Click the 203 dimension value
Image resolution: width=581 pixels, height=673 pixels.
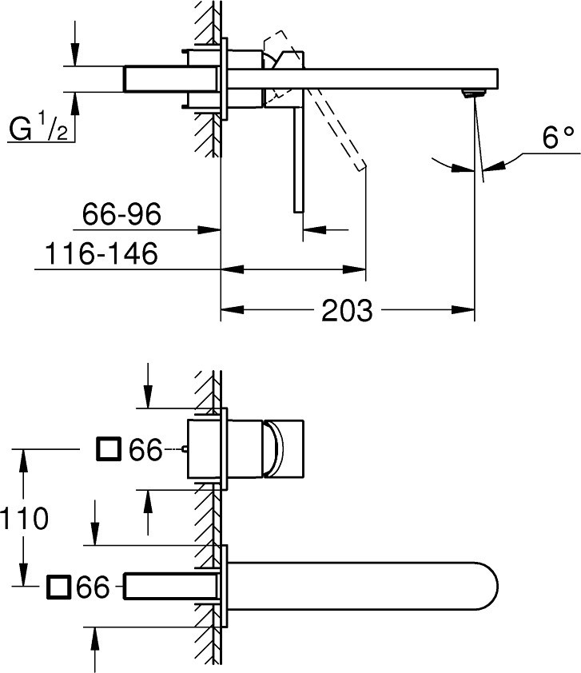347,310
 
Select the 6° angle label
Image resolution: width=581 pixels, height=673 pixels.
558,138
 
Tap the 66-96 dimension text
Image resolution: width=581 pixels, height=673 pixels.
121,214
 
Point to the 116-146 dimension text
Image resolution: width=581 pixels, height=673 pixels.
101,253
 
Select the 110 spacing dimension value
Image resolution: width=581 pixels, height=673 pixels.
24,519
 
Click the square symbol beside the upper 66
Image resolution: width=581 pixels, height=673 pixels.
108,449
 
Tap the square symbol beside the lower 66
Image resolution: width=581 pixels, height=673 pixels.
58,587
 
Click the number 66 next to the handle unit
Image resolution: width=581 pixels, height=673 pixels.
146,450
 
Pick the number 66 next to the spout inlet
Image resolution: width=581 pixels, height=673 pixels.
94,587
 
